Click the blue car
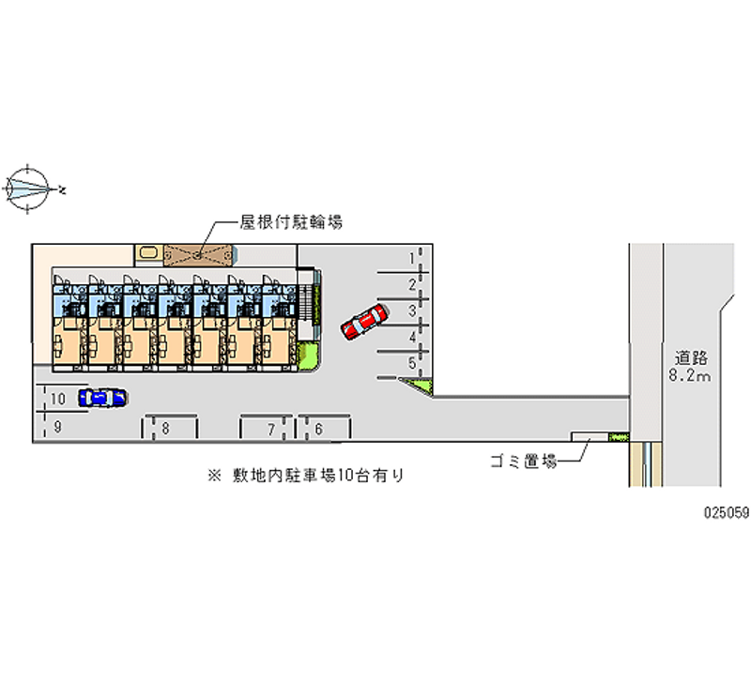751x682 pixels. click(103, 398)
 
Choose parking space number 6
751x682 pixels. click(320, 429)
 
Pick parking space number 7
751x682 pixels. click(270, 429)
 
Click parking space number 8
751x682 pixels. click(165, 429)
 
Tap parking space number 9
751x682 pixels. click(58, 427)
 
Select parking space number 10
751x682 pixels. click(58, 399)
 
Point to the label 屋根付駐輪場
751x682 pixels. click(290, 222)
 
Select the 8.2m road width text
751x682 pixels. click(690, 375)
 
